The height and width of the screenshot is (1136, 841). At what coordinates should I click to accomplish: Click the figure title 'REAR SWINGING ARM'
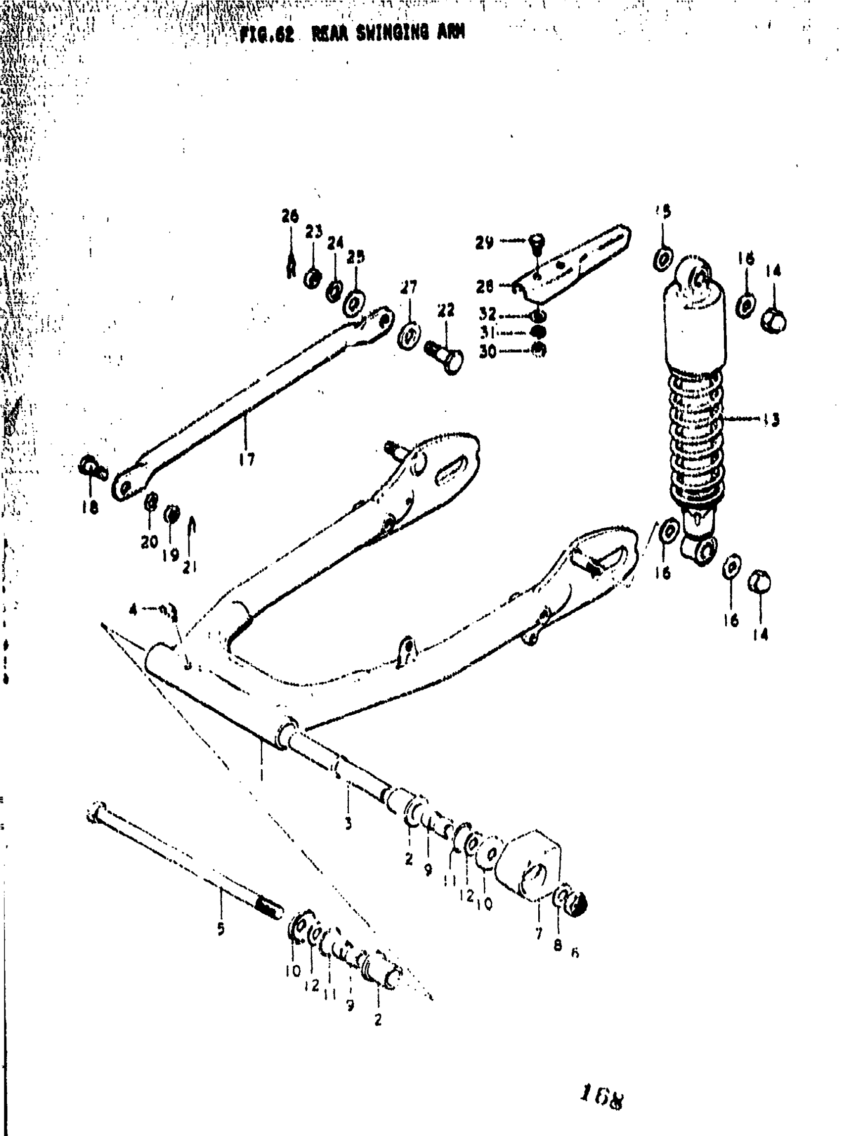pyautogui.click(x=388, y=34)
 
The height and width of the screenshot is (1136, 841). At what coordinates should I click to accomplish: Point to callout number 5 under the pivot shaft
pyautogui.click(x=221, y=929)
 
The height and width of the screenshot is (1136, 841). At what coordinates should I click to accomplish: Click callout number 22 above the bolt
pyautogui.click(x=445, y=310)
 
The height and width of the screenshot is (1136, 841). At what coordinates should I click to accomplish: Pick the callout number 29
pyautogui.click(x=484, y=243)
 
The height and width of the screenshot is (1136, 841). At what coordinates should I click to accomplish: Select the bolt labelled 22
pyautogui.click(x=444, y=356)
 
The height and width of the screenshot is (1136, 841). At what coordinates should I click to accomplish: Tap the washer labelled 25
pyautogui.click(x=353, y=304)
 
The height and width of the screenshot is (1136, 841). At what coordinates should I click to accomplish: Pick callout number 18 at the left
pyautogui.click(x=90, y=507)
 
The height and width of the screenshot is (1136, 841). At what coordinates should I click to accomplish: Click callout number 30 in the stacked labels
pyautogui.click(x=487, y=351)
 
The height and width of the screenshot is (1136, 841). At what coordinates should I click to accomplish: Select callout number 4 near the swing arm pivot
pyautogui.click(x=134, y=610)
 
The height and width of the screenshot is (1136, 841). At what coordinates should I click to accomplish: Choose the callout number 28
pyautogui.click(x=484, y=287)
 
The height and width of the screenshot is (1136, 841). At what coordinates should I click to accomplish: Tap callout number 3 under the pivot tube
pyautogui.click(x=348, y=823)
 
